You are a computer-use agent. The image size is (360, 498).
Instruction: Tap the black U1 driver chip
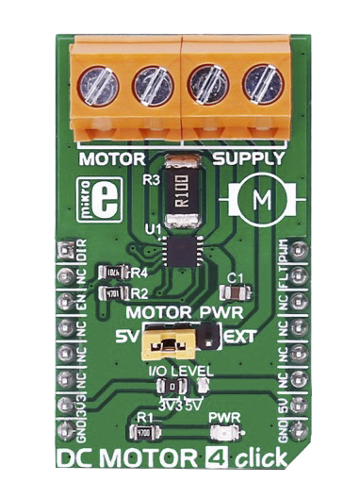pos(180,250)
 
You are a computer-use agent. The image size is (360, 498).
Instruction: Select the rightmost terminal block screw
pos(264,85)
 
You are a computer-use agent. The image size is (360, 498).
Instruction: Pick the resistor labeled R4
pos(115,272)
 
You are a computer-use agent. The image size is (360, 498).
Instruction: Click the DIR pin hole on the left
pos(65,251)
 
